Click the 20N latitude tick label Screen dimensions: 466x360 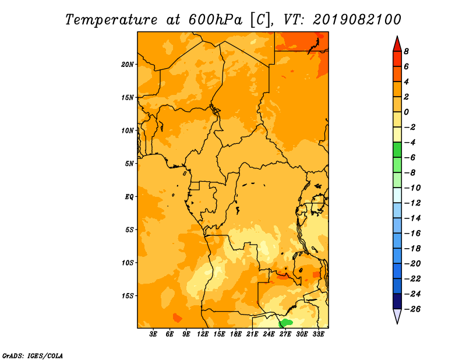point(128,65)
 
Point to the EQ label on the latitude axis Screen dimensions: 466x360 point(129,197)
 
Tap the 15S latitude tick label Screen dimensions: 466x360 point(128,296)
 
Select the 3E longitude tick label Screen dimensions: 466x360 point(153,334)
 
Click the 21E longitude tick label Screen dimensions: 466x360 point(252,334)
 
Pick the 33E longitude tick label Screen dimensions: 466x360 point(318,334)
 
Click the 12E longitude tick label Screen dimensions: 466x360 point(203,334)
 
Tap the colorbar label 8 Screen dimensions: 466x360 point(406,51)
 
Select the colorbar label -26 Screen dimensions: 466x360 point(412,309)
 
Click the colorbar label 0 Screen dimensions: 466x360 point(406,112)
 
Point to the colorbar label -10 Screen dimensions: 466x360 point(412,188)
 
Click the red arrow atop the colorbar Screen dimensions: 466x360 point(397,44)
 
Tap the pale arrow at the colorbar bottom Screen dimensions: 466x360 point(397,316)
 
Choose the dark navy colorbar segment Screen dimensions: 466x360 point(397,301)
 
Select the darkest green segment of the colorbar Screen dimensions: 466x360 point(397,150)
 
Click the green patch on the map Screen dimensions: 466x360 point(285,323)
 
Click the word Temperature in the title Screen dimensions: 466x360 point(111,20)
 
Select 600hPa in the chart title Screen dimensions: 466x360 point(216,20)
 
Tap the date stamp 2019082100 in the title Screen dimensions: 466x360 point(357,20)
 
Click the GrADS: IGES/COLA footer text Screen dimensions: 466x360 point(33,355)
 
